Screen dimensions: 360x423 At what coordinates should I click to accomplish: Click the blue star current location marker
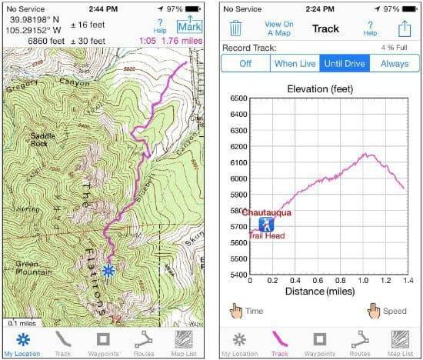[x=108, y=270]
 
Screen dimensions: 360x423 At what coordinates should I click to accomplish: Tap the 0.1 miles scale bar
[x=23, y=322]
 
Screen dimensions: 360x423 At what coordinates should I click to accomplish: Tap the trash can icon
[x=236, y=29]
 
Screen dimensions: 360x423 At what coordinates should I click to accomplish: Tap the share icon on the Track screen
[x=403, y=28]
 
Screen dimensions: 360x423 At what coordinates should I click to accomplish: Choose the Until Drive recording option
[x=345, y=63]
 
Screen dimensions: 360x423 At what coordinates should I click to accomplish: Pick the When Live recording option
[x=295, y=63]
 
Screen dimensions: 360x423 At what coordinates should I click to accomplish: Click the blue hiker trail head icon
[x=266, y=224]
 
